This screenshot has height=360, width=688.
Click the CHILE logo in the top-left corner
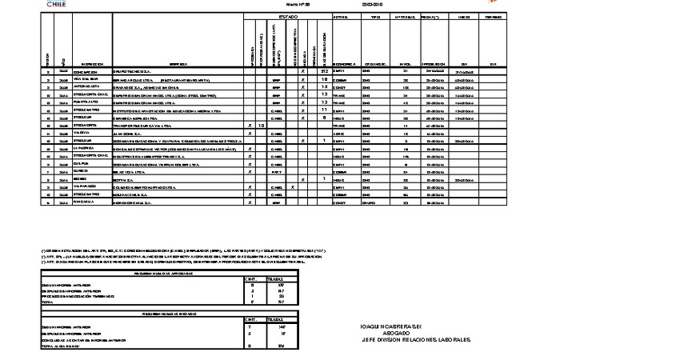[x=57, y=4]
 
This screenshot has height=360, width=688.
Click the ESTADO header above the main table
[x=289, y=16]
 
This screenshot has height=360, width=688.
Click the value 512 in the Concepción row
[x=324, y=71]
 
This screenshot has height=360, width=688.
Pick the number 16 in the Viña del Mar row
[x=325, y=79]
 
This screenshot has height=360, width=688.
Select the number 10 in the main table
[x=261, y=126]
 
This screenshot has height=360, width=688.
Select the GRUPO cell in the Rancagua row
[x=369, y=203]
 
